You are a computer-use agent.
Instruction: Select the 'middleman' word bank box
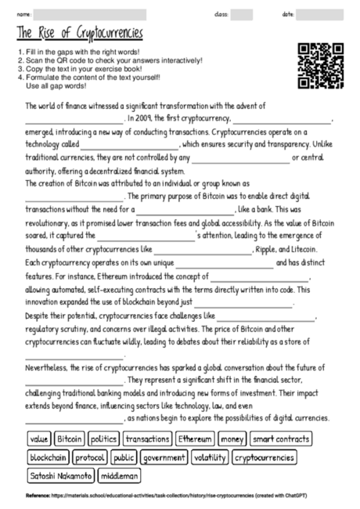120,475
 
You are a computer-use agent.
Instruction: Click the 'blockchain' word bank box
49,457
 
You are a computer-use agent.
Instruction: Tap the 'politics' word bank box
103,439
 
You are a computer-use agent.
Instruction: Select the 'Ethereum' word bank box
194,439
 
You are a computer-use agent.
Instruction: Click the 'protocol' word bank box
91,457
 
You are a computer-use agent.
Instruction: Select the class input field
242,14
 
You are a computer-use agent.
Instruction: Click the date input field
319,14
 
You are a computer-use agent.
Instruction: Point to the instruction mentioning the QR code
110,60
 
